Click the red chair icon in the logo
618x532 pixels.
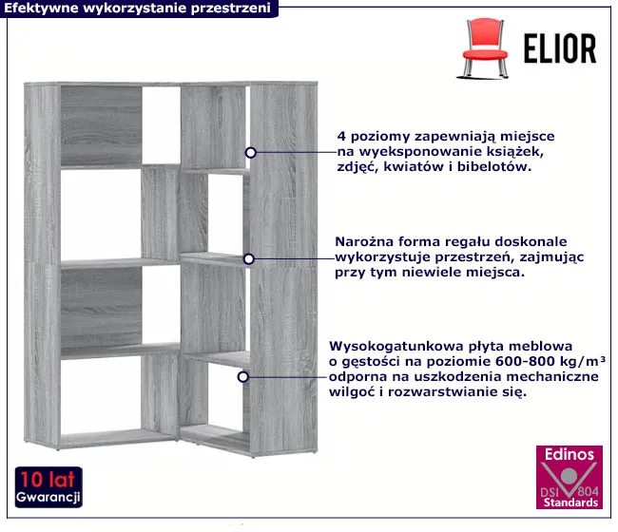[x=484, y=48]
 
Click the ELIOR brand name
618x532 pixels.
[x=560, y=48]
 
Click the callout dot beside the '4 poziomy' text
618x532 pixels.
[x=251, y=153]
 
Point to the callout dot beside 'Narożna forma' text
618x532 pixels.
[x=249, y=259]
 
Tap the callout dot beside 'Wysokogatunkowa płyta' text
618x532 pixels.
[x=243, y=377]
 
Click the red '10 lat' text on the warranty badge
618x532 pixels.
[x=48, y=480]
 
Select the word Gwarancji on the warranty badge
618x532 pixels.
[x=48, y=497]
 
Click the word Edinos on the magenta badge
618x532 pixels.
[x=570, y=454]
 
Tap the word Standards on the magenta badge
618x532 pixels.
[x=570, y=503]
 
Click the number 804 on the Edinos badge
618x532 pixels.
[x=588, y=491]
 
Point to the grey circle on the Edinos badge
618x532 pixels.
[x=569, y=476]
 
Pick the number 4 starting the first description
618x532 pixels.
[x=341, y=137]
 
